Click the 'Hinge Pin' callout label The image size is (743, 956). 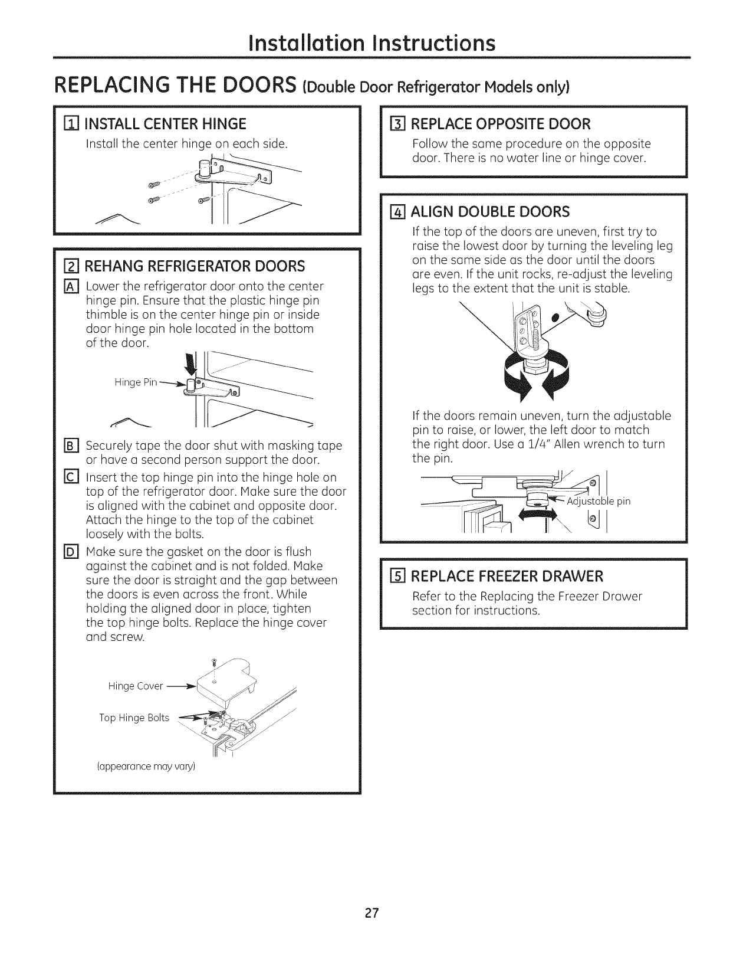click(136, 382)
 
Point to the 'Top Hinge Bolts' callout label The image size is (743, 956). click(134, 718)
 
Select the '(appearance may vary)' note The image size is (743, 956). click(145, 767)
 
